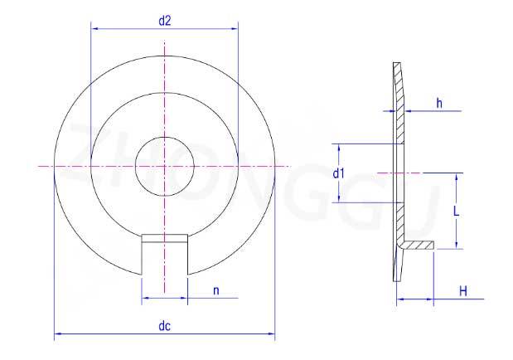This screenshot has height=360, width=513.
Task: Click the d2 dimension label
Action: (165, 21)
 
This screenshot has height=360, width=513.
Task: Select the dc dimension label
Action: (165, 326)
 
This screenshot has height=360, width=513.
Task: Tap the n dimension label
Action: (216, 291)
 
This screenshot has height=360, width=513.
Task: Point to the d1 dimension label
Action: (339, 173)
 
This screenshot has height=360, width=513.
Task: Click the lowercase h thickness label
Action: (439, 103)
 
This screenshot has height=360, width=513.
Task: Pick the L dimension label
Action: (456, 212)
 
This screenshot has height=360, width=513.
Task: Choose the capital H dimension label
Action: (463, 291)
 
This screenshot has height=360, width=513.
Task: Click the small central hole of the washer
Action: (165, 167)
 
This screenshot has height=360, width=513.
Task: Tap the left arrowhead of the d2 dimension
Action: (94, 28)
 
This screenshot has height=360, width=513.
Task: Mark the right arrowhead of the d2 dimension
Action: (235, 28)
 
